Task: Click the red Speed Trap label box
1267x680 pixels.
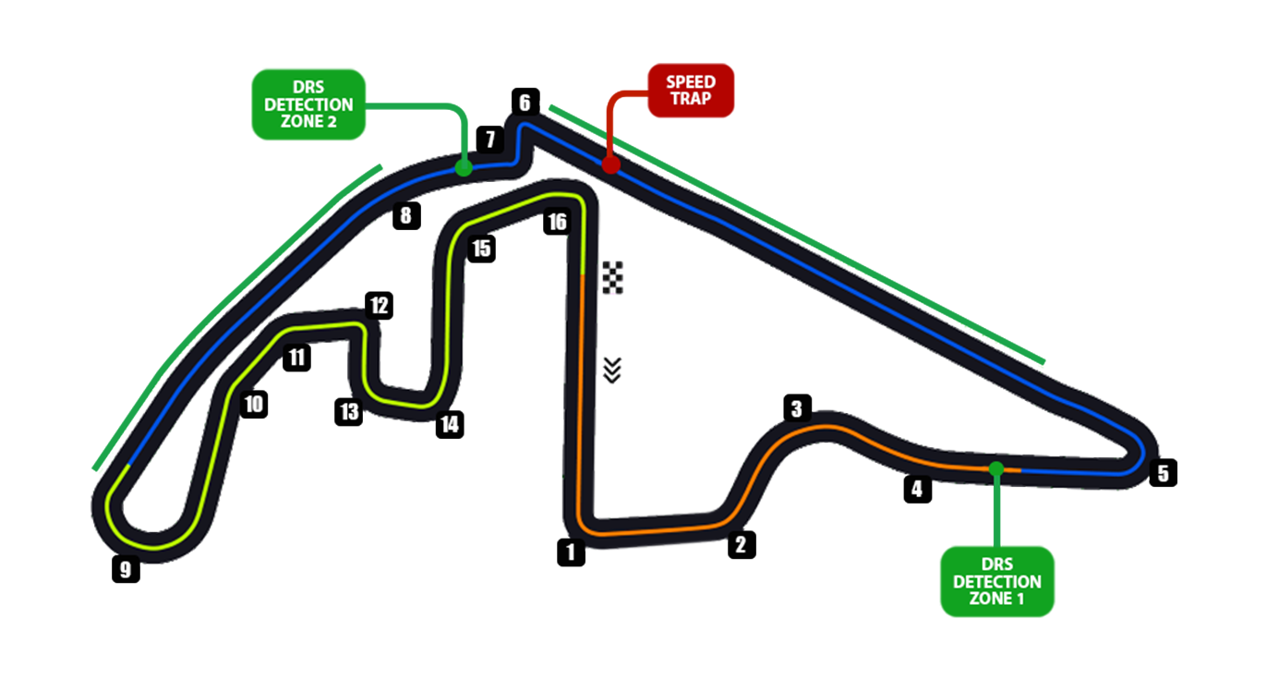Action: [x=691, y=91]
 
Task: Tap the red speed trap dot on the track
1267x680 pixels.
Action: [x=610, y=164]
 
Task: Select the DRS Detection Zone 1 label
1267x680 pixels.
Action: [x=996, y=581]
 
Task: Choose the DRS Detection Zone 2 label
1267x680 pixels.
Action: [x=308, y=103]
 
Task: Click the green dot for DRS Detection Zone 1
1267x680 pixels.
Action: [x=995, y=468]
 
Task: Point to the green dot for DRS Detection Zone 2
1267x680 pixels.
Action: [x=464, y=167]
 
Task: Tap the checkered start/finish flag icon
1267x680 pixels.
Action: [x=613, y=277]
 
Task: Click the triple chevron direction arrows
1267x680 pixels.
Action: [x=611, y=370]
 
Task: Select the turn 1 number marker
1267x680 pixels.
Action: [x=572, y=552]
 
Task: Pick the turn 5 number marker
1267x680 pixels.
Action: [x=1163, y=473]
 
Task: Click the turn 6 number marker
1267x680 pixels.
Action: [x=525, y=102]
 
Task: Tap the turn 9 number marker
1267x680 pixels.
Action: [x=126, y=569]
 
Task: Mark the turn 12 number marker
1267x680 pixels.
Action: [x=379, y=305]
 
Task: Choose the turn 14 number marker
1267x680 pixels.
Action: [x=450, y=424]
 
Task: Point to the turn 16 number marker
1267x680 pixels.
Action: [x=556, y=222]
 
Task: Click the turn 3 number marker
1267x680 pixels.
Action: [x=798, y=407]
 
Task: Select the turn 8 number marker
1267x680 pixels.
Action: [x=405, y=216]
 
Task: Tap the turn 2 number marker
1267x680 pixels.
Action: [x=741, y=544]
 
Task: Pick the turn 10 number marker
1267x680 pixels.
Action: [x=253, y=404]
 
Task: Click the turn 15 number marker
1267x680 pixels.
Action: [x=481, y=249]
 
